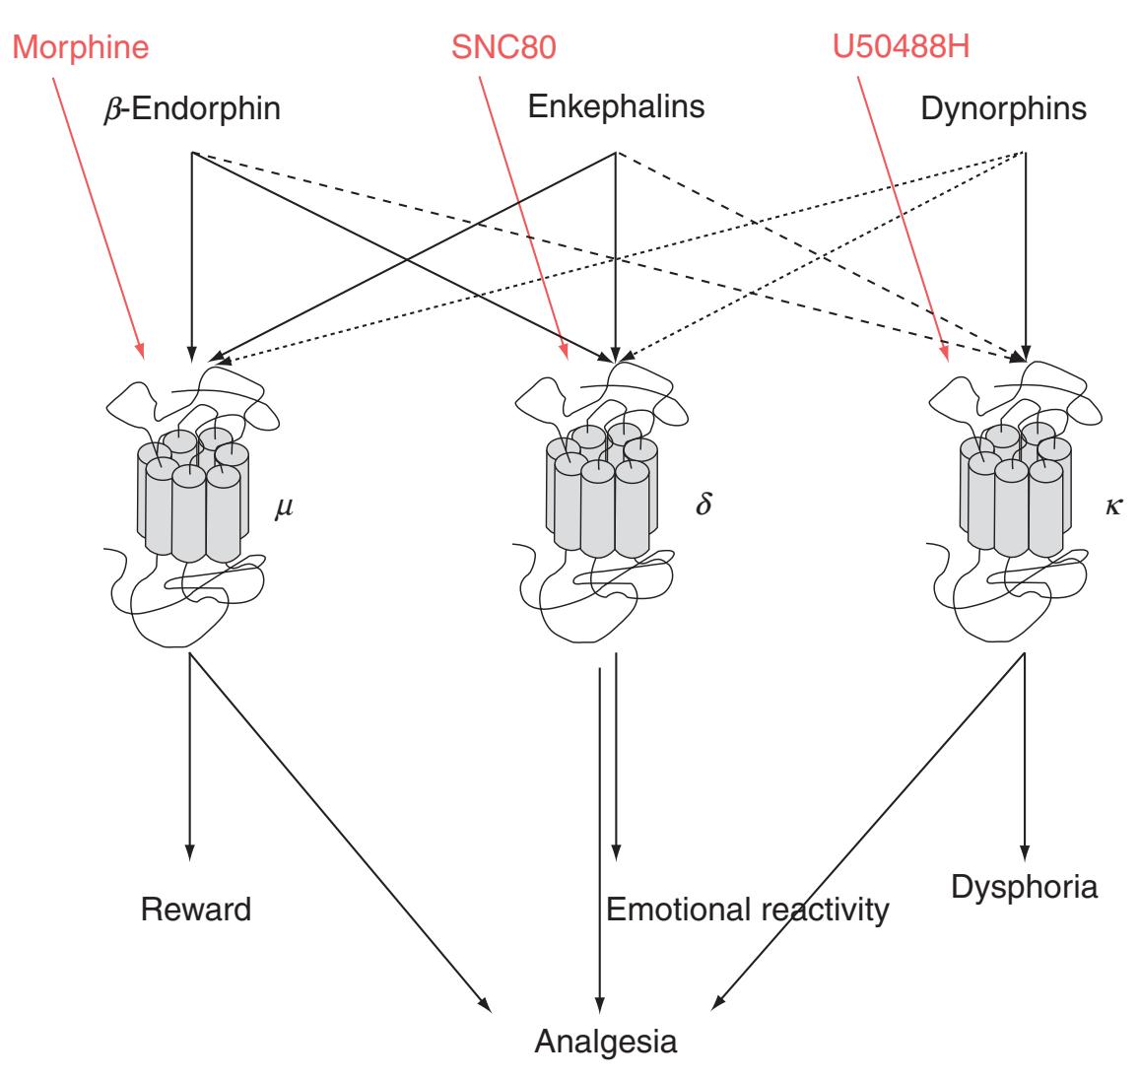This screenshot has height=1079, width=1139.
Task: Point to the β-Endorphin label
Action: pyautogui.click(x=191, y=107)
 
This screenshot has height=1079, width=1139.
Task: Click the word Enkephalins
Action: pyautogui.click(x=617, y=105)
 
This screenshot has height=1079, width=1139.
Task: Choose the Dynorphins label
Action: pyautogui.click(x=1004, y=107)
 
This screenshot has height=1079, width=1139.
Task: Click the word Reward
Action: pyautogui.click(x=196, y=908)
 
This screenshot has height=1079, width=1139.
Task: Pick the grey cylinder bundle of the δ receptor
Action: pyautogui.click(x=602, y=493)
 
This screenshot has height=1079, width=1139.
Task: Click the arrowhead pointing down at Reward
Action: pyautogui.click(x=189, y=851)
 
